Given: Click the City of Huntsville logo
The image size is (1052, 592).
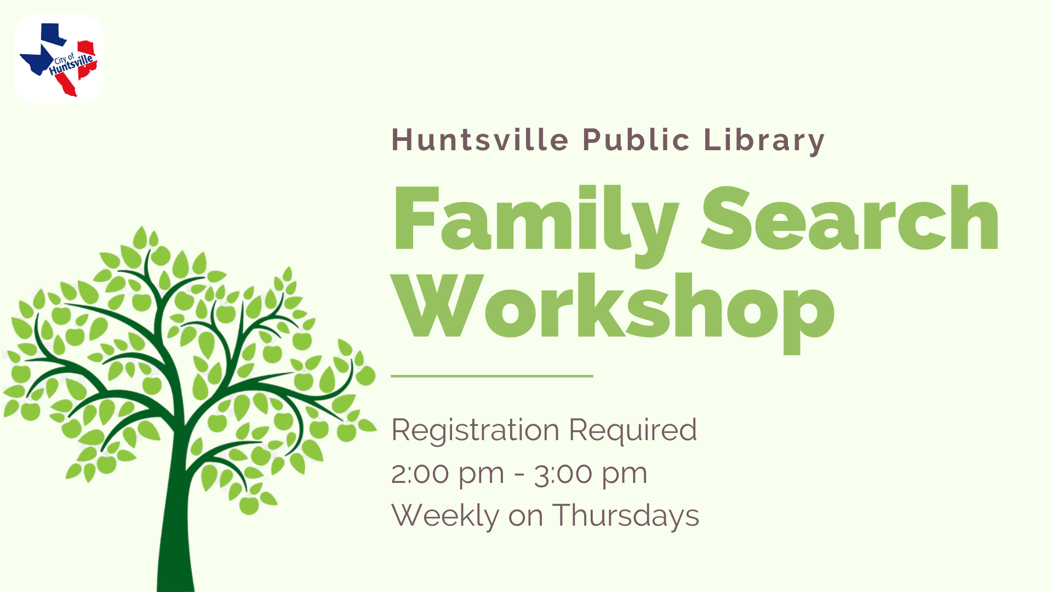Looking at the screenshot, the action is (59, 59).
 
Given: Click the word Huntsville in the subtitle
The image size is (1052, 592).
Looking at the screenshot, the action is (481, 140).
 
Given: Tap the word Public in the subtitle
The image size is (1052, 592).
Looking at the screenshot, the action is (636, 140).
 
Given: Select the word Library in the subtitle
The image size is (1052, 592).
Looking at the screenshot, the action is (764, 141).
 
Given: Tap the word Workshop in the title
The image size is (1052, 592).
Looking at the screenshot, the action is (614, 313).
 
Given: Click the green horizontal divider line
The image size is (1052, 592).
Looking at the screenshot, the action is (492, 376).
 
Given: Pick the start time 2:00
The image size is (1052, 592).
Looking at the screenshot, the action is (420, 474).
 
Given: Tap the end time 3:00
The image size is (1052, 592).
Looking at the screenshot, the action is (563, 474).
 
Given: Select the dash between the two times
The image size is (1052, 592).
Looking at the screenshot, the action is (519, 475).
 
